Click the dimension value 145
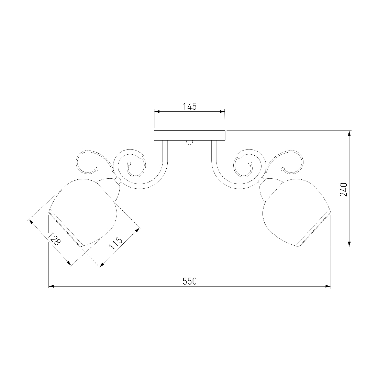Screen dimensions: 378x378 click(x=190, y=106)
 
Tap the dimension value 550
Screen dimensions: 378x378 click(x=190, y=281)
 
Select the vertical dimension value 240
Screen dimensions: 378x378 click(x=344, y=189)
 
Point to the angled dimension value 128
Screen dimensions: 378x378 click(x=54, y=239)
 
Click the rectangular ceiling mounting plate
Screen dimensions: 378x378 click(x=190, y=135)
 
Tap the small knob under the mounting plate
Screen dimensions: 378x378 click(x=190, y=143)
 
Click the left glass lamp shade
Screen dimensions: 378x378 click(x=83, y=212)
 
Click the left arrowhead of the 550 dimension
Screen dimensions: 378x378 click(x=51, y=286)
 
